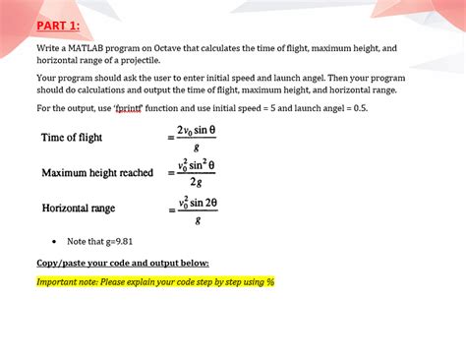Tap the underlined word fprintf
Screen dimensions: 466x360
click(x=131, y=108)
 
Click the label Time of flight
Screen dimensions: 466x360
click(x=72, y=138)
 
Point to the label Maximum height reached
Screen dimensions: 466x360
click(x=97, y=173)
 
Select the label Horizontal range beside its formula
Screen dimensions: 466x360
click(x=79, y=209)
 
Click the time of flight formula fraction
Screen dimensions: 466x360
click(x=197, y=138)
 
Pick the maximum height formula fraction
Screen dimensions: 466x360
click(x=197, y=173)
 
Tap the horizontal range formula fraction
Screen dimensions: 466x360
click(x=197, y=209)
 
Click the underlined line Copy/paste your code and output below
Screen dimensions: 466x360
click(x=122, y=264)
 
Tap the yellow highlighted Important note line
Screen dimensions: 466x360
click(x=155, y=282)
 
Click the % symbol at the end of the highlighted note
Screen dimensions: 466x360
click(x=270, y=282)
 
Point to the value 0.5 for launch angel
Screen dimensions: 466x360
click(x=360, y=108)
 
